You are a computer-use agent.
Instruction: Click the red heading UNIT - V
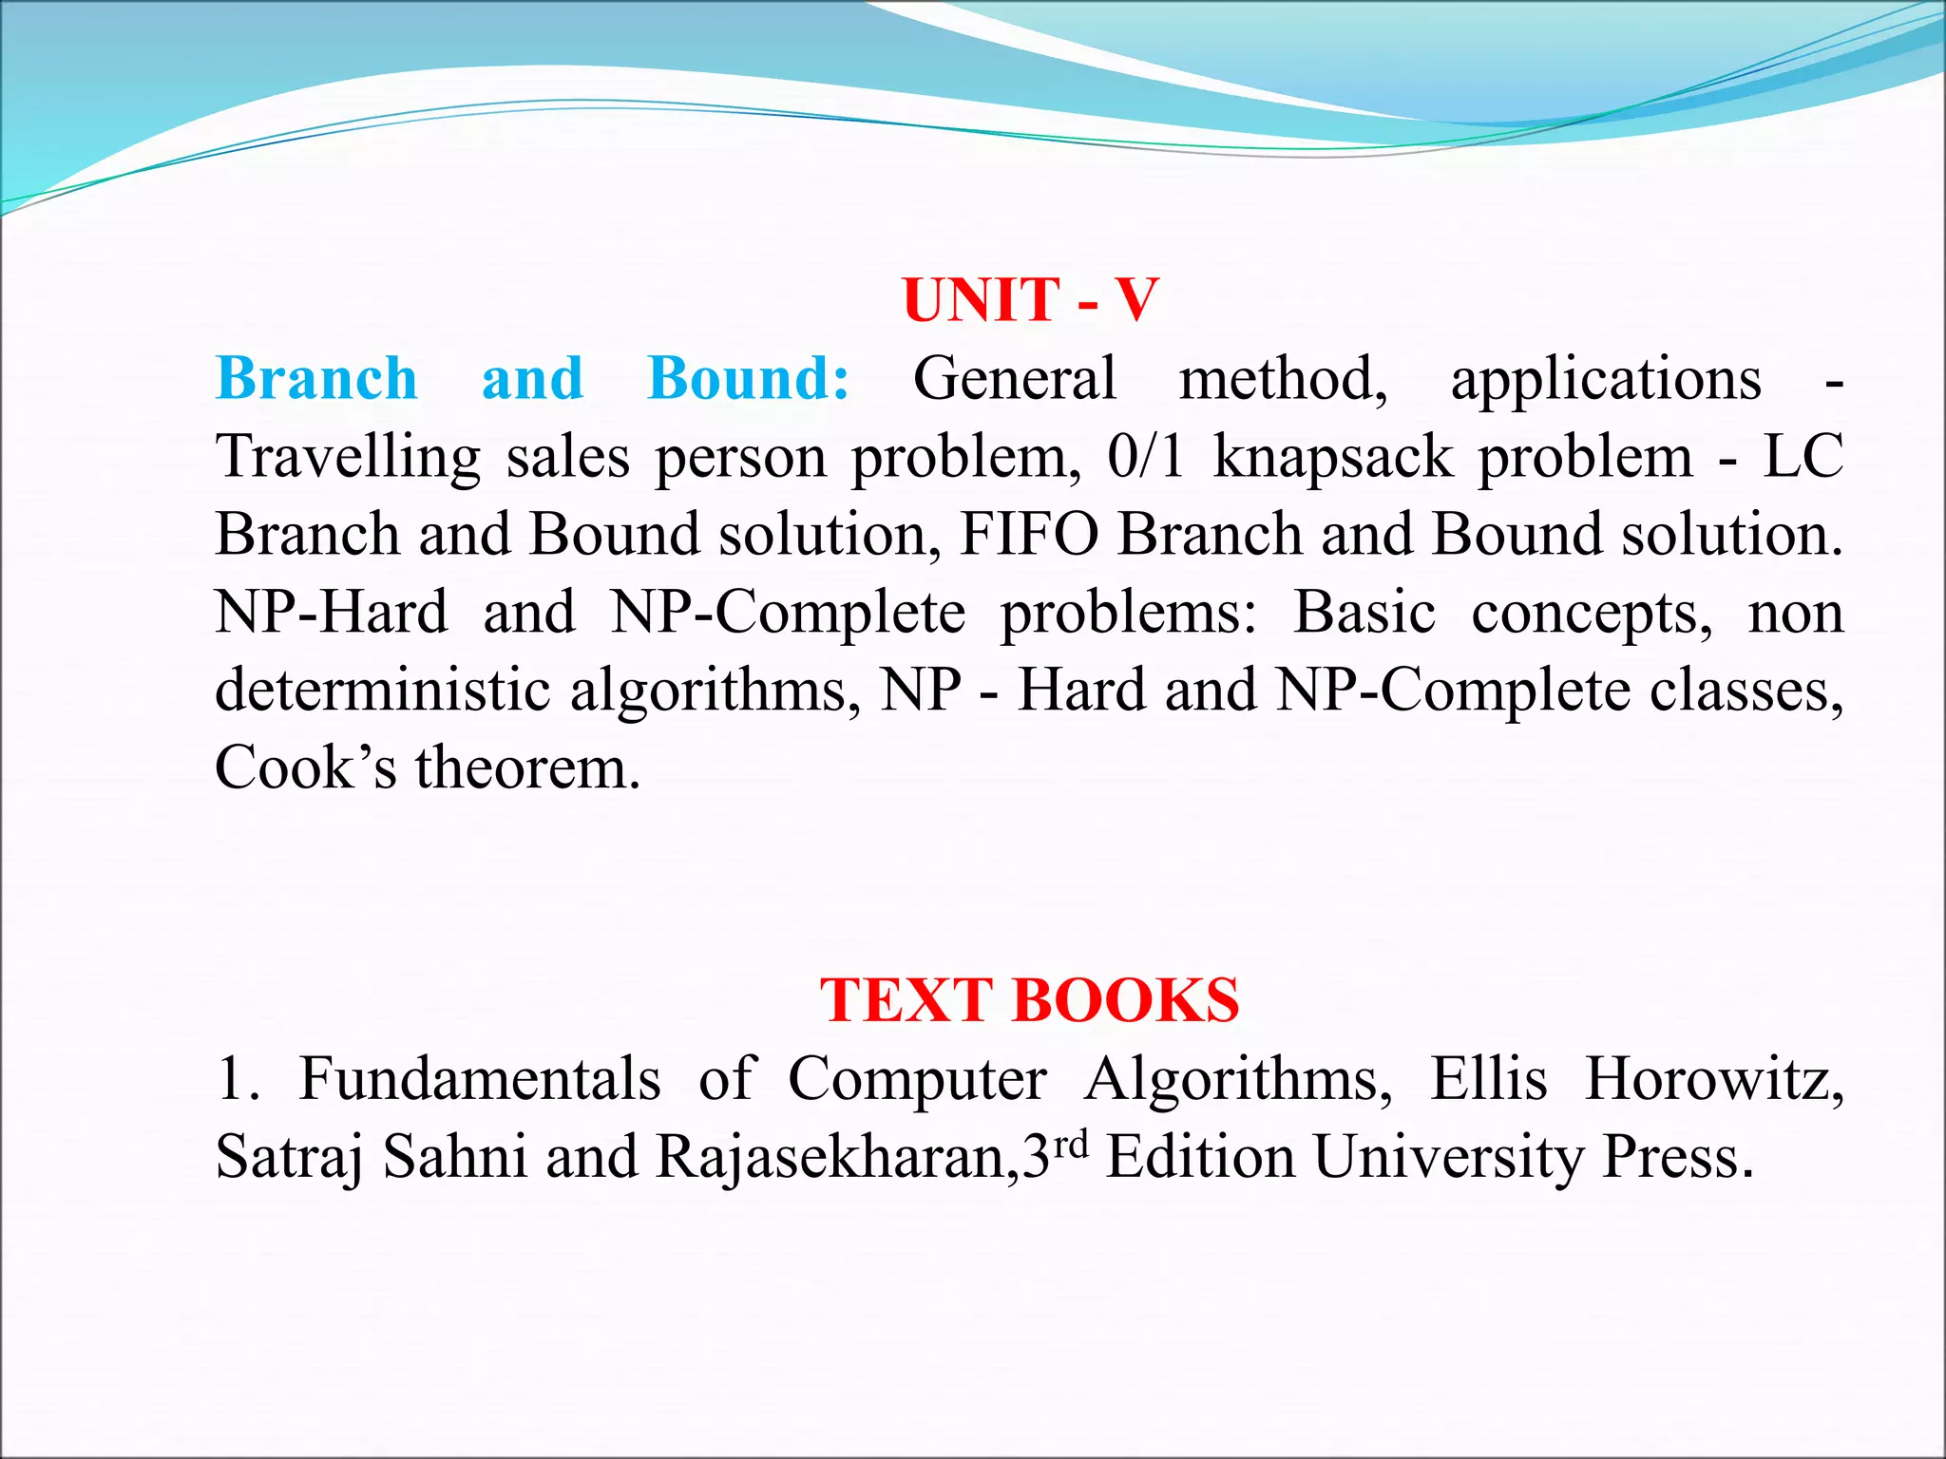tap(1030, 300)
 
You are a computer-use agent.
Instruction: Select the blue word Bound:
tap(749, 379)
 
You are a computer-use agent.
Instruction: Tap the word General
tap(1014, 379)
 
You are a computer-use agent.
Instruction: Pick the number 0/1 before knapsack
tap(1145, 457)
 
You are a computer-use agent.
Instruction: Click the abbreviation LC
tap(1803, 457)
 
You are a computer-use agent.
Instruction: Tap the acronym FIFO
tap(1029, 535)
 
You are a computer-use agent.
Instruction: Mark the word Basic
tap(1364, 613)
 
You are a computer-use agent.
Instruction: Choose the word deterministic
tap(382, 691)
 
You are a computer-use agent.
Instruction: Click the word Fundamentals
tap(480, 1080)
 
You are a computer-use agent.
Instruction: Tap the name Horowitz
tap(1713, 1080)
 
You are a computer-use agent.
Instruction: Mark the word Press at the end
tap(1677, 1158)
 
